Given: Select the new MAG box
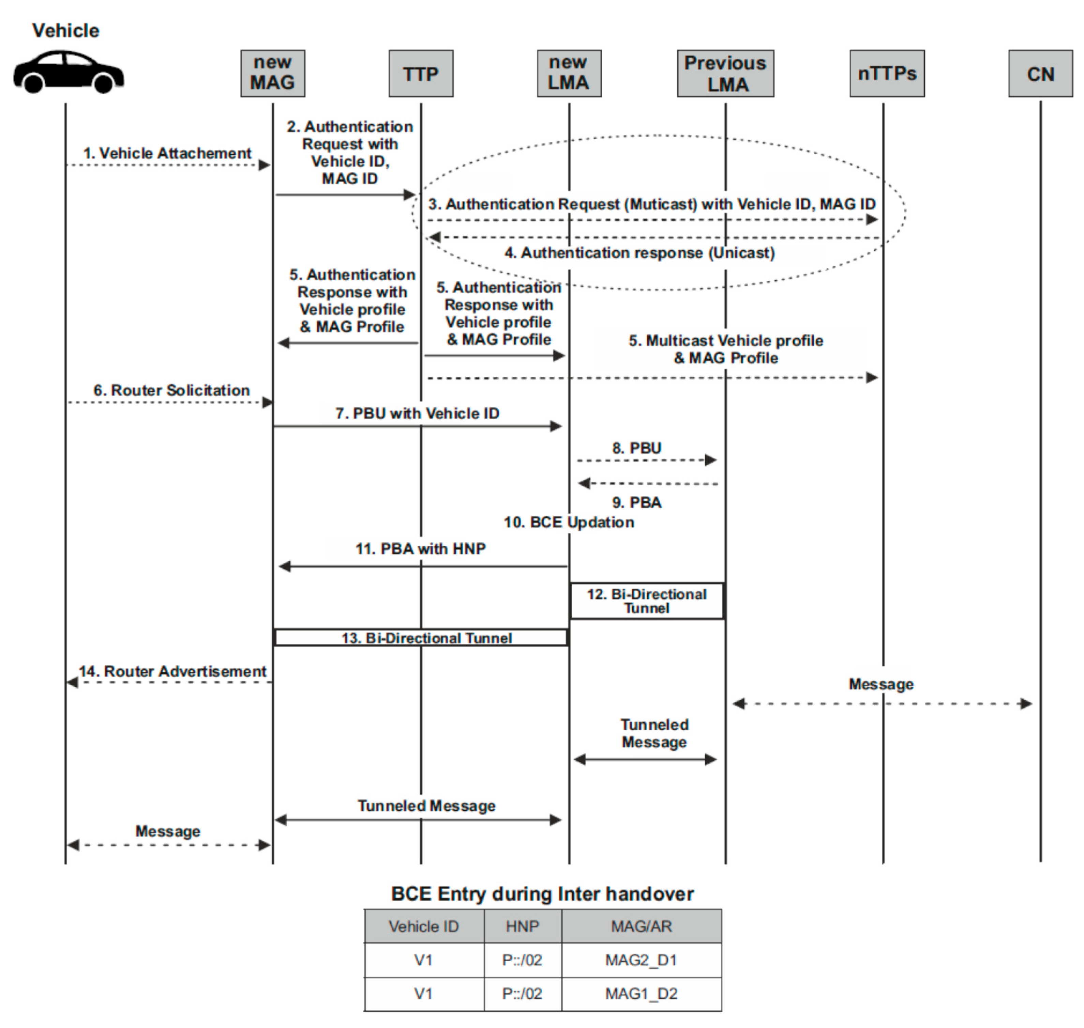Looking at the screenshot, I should click(x=272, y=74).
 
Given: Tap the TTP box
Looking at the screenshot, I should click(x=421, y=74).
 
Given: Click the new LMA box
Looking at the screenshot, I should click(x=569, y=74).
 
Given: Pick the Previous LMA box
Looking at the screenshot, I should click(x=725, y=74).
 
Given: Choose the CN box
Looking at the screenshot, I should click(x=1040, y=74).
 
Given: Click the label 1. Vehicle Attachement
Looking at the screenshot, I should click(x=167, y=153).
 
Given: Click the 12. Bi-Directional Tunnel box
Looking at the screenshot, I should click(x=647, y=601).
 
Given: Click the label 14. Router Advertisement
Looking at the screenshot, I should click(x=173, y=672).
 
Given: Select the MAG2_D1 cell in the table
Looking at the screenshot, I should click(x=641, y=961).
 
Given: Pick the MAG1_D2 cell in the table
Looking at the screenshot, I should click(x=641, y=994).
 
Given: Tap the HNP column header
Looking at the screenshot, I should click(x=522, y=926).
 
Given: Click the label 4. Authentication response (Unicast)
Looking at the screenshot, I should click(x=639, y=253).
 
